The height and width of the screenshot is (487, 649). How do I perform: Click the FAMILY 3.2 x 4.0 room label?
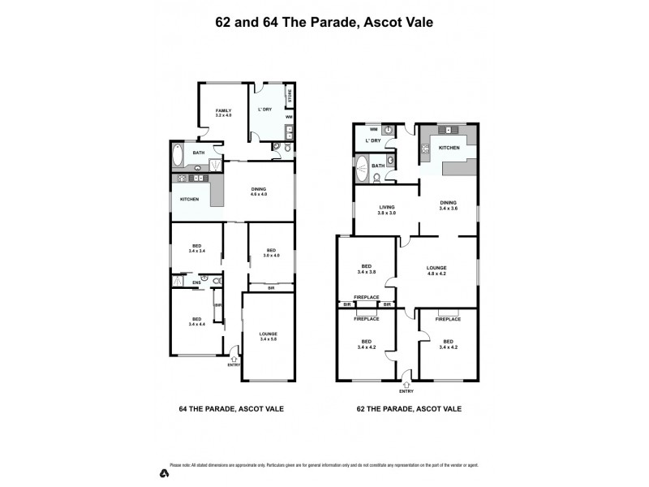223,113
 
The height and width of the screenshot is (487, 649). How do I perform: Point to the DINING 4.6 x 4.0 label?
259,191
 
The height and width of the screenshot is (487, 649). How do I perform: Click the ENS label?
196,282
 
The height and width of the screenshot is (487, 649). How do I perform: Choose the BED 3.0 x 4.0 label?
271,252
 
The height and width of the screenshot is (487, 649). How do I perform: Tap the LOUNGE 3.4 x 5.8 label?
269,336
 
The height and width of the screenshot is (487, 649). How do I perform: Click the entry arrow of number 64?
234,357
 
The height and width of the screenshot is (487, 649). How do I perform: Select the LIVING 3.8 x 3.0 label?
387,209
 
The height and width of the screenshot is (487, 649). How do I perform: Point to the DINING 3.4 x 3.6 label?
449,205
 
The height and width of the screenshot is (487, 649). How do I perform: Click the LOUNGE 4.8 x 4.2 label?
437,271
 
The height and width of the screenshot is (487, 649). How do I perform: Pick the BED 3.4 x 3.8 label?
367,269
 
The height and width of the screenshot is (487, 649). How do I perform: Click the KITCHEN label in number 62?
449,148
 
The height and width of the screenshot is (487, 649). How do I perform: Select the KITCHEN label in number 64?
189,199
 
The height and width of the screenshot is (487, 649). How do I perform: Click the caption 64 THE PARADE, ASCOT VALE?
230,408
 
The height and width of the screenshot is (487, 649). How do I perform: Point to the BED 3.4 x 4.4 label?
196,321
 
